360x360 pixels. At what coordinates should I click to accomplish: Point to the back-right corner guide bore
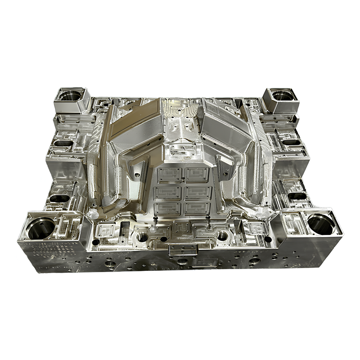tap(281, 95)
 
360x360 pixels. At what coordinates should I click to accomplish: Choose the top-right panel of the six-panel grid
tap(197, 174)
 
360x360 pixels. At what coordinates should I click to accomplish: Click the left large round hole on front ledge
tap(142, 236)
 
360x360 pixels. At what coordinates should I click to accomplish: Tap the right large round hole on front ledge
tap(222, 235)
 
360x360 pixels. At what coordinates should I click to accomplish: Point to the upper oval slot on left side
tap(63, 144)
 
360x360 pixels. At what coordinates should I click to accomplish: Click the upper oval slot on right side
tap(292, 142)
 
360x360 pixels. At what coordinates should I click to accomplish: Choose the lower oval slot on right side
tap(297, 196)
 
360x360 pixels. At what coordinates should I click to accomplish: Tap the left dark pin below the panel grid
tap(154, 220)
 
